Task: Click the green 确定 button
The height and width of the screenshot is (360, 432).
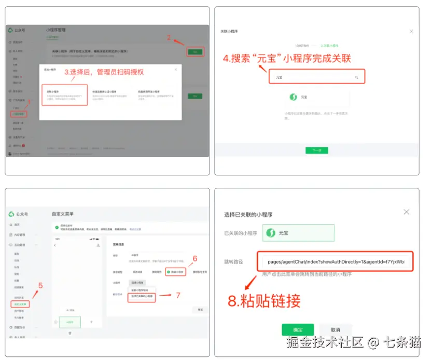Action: (298, 329)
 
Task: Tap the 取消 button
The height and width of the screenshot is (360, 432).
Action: (336, 329)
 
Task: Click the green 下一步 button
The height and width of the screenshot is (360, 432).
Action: (317, 150)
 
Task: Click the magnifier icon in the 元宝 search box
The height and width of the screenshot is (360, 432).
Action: (356, 77)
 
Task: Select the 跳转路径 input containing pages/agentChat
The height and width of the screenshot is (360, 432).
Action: (336, 262)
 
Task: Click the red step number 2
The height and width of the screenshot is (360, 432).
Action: (169, 37)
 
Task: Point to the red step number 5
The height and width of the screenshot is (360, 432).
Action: (40, 285)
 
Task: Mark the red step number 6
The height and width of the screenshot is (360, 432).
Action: (195, 258)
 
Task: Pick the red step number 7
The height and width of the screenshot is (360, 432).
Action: (178, 295)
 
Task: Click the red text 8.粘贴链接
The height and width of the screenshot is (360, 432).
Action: (264, 301)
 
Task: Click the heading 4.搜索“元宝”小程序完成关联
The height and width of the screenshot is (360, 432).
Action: (287, 58)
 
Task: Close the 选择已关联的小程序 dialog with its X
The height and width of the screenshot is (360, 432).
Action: (407, 212)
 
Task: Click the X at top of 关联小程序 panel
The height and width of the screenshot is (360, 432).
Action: (411, 31)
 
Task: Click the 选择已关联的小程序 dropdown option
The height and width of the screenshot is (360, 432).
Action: (142, 296)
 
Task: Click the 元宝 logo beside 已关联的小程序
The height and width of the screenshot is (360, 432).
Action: (271, 233)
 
